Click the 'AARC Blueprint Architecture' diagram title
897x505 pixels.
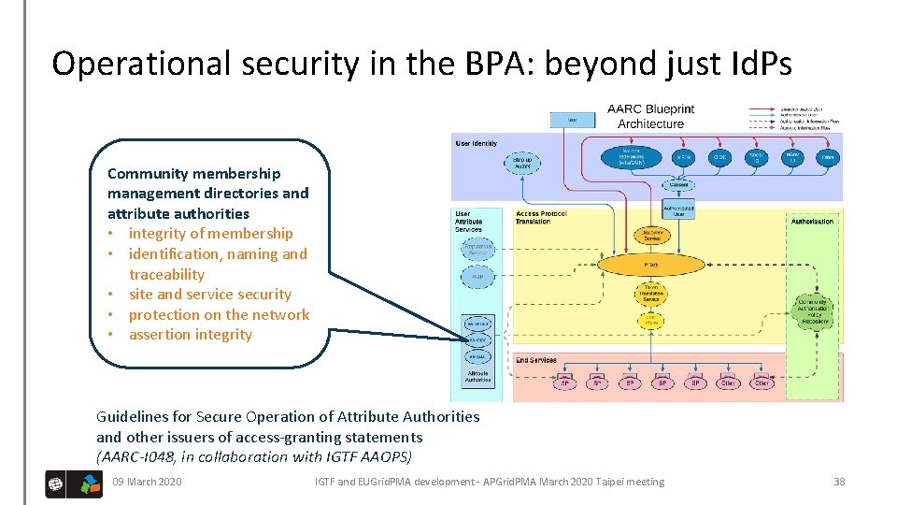tap(650, 116)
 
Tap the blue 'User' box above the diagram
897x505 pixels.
tap(572, 119)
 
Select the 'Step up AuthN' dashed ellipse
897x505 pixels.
tap(522, 163)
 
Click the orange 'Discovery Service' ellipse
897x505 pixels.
tap(651, 235)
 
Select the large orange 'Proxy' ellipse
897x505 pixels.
tap(651, 265)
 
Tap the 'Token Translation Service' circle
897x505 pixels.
tap(651, 295)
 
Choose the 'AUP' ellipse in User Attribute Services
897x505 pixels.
tap(477, 277)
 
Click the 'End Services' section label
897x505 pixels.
tap(535, 359)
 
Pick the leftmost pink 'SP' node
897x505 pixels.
tap(564, 383)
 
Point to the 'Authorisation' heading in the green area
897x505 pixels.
tap(812, 222)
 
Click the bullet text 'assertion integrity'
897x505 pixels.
tap(191, 335)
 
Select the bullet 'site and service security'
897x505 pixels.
tap(210, 295)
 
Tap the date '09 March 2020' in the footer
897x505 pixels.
tap(147, 482)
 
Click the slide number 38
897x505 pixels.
tap(838, 482)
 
